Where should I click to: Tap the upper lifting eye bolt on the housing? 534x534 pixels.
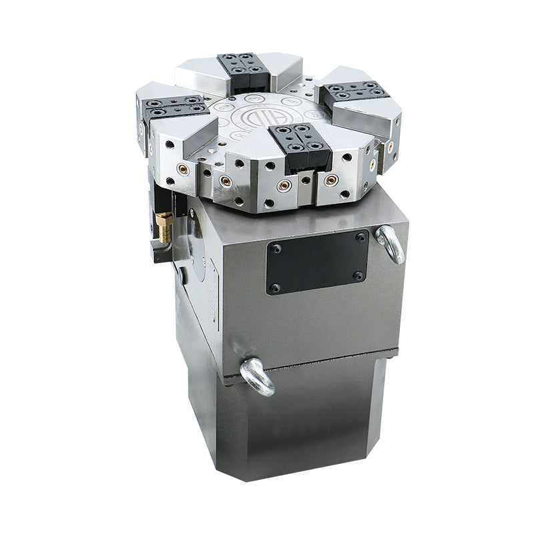[x=391, y=244]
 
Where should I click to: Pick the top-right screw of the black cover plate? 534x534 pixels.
[x=360, y=237]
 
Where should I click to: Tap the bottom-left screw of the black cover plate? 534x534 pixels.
[x=274, y=288]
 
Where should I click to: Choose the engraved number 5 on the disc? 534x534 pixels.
[x=314, y=115]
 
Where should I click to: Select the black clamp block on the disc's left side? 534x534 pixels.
[x=176, y=107]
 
